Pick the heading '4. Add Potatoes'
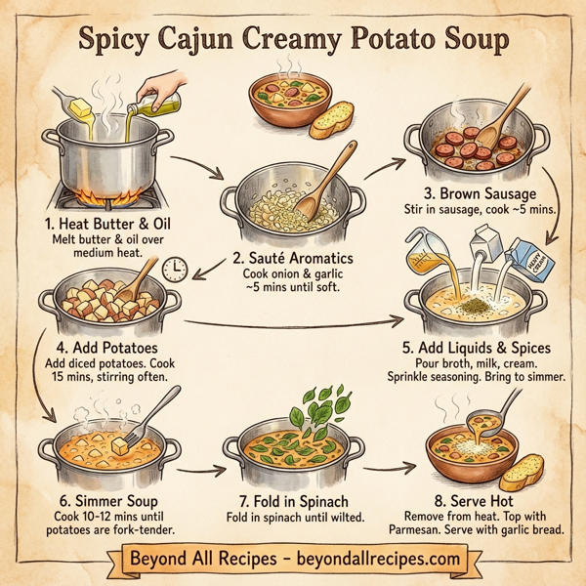(x=100, y=347)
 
